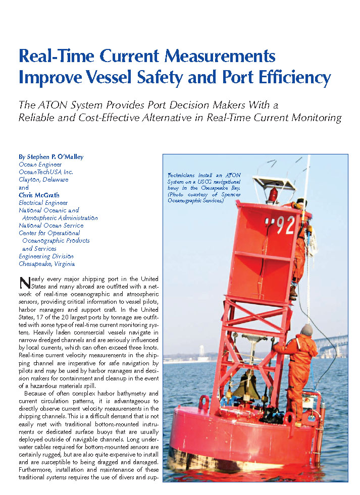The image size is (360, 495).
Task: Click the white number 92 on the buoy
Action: [x=285, y=226]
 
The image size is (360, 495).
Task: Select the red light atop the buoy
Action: [x=274, y=193]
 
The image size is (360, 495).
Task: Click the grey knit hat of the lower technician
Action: [x=307, y=329]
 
